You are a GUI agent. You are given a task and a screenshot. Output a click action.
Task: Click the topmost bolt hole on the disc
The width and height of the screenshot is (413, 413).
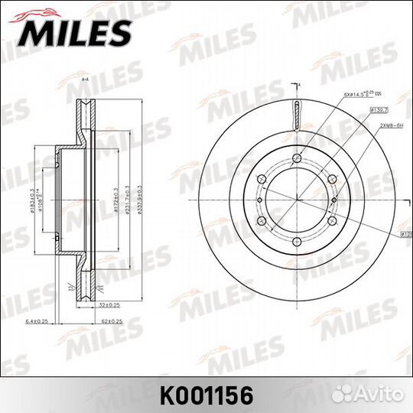coord(297,159)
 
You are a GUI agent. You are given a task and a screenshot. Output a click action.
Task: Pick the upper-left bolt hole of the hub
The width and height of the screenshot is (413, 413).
coord(261,180)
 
